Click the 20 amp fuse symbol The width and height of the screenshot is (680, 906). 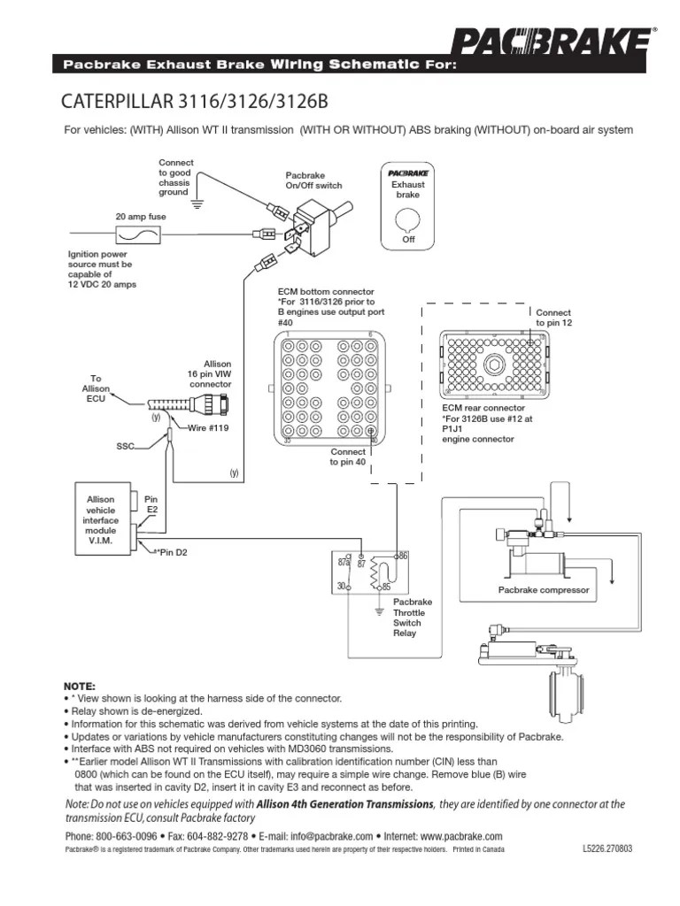[x=139, y=235]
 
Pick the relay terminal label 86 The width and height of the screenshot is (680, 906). [x=404, y=555]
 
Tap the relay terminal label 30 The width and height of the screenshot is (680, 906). [x=342, y=586]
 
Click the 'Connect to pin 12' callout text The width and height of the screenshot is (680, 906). [x=553, y=319]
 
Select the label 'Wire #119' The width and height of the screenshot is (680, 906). [x=207, y=428]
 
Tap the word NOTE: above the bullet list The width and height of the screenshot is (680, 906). [x=80, y=686]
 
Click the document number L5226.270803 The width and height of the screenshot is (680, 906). [x=608, y=848]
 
